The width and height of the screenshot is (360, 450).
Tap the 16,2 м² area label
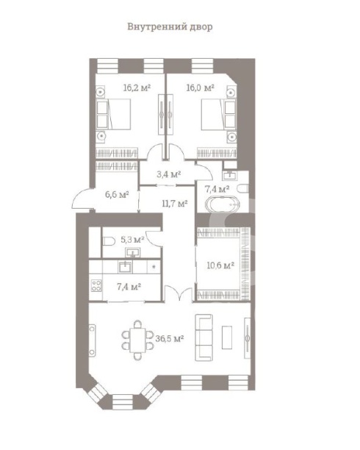137,87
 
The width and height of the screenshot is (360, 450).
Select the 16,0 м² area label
201,87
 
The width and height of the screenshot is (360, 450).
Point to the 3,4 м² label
169,174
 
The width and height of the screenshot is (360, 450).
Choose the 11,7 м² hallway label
174,204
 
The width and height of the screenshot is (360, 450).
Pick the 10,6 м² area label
220,265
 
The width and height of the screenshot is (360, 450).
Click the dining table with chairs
137,339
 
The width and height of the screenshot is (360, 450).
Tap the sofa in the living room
204,337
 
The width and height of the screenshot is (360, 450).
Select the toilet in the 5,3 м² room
107,242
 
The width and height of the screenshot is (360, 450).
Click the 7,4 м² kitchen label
129,286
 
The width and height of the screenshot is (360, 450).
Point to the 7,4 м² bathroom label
215,189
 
